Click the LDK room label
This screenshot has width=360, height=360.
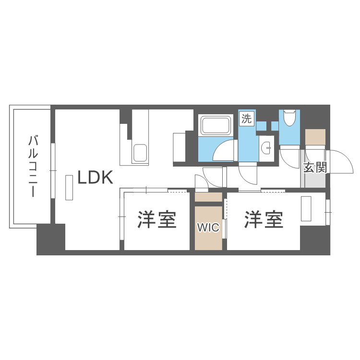tap(96, 177)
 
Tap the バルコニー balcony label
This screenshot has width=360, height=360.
tap(33, 166)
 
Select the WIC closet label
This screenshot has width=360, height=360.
tap(208, 228)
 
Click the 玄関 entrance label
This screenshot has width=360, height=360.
tap(315, 168)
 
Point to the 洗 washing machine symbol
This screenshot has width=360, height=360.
tap(247, 119)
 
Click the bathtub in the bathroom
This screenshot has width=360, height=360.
tap(216, 126)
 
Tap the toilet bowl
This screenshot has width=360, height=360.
tap(289, 118)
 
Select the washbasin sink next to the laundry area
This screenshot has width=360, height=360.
tap(267, 148)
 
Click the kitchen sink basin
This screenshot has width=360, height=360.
tap(140, 153)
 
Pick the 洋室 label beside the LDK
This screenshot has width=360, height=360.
tap(157, 220)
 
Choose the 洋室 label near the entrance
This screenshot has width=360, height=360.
tap(264, 220)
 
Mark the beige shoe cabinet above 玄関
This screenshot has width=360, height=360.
tap(315, 137)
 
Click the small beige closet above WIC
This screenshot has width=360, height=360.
tap(208, 197)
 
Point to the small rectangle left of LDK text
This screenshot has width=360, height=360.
tap(69, 188)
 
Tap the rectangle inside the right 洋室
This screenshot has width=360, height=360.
tap(306, 209)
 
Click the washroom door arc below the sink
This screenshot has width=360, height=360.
tap(248, 175)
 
